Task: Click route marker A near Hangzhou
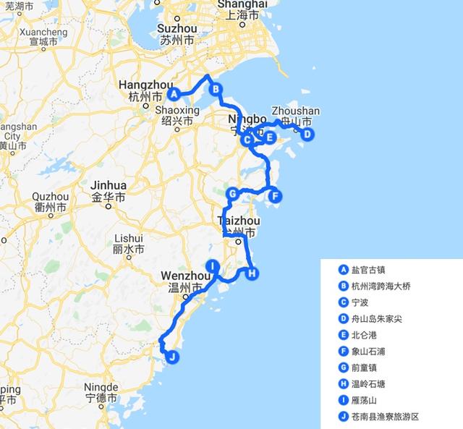[x=174, y=93]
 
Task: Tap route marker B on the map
[x=215, y=89]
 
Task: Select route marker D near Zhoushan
[x=307, y=134]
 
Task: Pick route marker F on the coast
[x=274, y=195]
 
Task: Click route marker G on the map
[x=232, y=194]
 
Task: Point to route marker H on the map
[x=251, y=273]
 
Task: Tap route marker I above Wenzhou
[x=212, y=266]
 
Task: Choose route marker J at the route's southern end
[x=171, y=356]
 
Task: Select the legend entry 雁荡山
[x=364, y=400]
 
